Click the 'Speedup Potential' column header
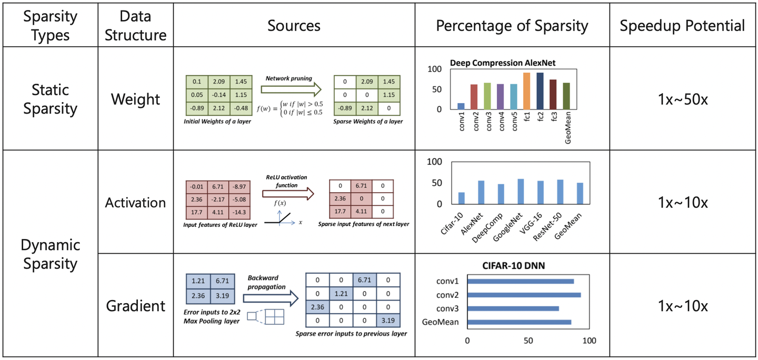(x=682, y=26)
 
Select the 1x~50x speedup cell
(x=683, y=99)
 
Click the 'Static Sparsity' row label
(x=50, y=99)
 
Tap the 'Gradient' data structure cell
(x=135, y=306)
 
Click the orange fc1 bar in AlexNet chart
(x=526, y=91)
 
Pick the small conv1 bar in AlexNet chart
(x=461, y=106)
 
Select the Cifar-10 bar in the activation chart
(x=461, y=198)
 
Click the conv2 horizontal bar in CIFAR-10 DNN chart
(x=524, y=295)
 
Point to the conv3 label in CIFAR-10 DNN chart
(x=447, y=308)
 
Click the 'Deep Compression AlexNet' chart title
(x=503, y=63)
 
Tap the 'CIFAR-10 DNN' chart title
(x=513, y=266)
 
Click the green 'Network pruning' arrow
(x=291, y=89)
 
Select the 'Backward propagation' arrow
(x=271, y=298)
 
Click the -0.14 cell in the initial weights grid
(x=219, y=95)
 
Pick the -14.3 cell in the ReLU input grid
(x=239, y=212)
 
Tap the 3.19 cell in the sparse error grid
(x=388, y=321)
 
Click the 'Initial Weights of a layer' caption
(x=217, y=122)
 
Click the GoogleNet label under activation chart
(x=507, y=227)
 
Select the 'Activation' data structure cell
(x=135, y=203)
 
